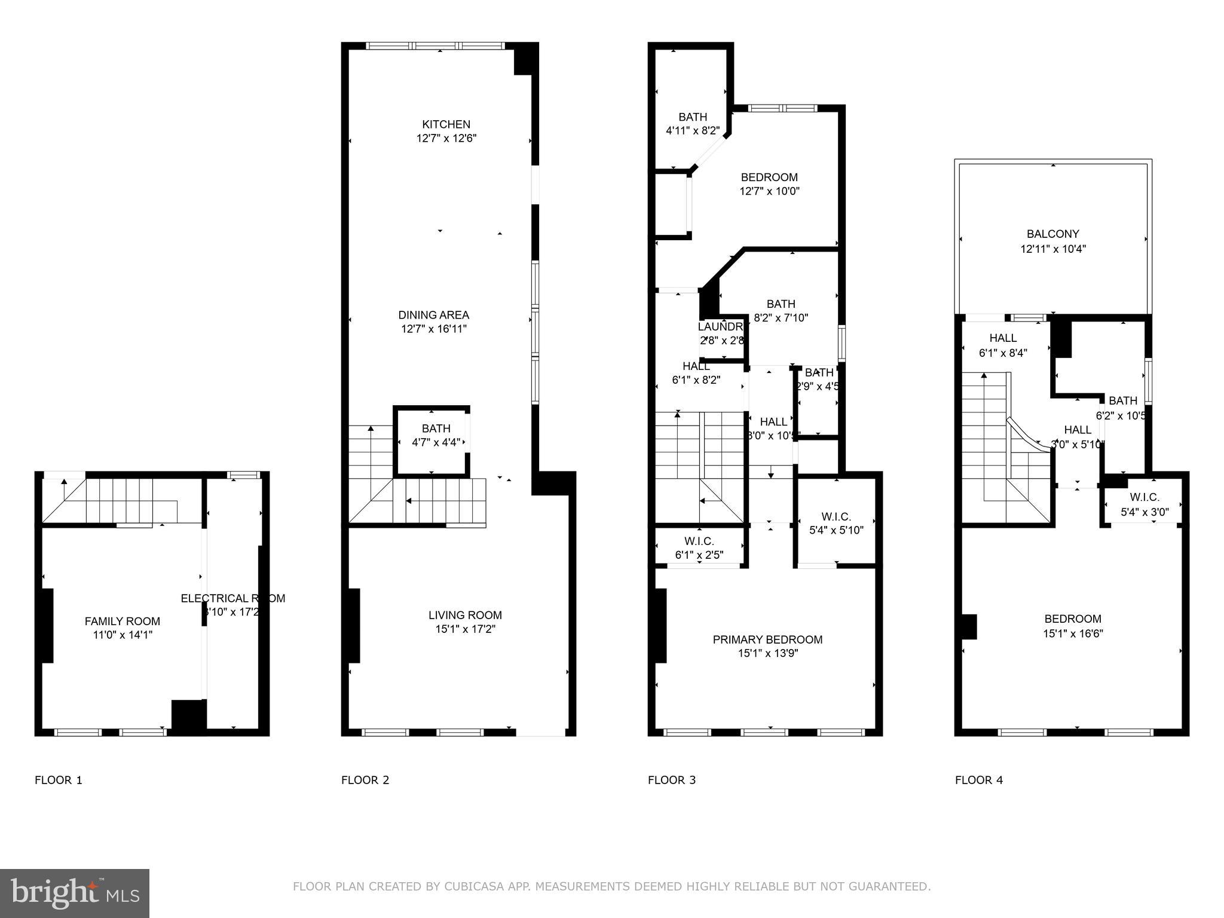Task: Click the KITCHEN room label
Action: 446,124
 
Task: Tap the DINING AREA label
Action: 433,315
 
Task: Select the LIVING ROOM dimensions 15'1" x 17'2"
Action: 465,629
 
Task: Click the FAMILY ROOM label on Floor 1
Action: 122,622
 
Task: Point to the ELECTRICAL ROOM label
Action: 232,598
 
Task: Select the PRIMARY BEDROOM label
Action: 767,639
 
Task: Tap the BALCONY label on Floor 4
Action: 1052,234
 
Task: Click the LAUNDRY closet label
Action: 720,328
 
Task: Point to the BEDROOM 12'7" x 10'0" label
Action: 769,178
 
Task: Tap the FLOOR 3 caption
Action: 672,780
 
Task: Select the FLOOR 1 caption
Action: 59,780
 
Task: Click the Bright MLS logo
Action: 74,893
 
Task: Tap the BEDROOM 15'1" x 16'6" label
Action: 1072,619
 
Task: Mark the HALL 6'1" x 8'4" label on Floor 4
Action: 1002,338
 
